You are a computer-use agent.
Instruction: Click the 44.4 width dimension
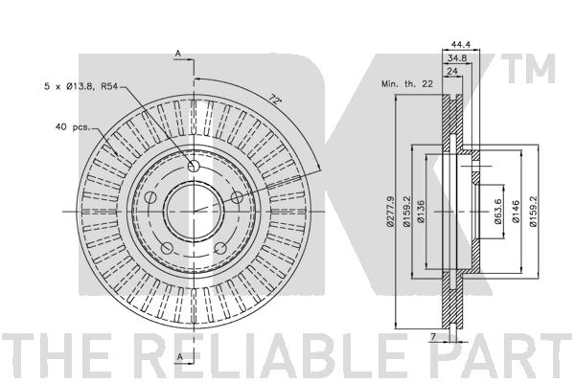(461, 45)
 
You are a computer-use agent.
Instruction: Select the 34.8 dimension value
(457, 57)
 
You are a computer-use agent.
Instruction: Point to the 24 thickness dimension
(452, 71)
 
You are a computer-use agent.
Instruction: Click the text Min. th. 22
(407, 84)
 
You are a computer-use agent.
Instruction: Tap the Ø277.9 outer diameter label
(391, 212)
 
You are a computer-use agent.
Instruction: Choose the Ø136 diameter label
(421, 212)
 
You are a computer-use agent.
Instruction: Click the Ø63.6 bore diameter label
(497, 212)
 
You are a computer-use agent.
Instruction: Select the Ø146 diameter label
(516, 212)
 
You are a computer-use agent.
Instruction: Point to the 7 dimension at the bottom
(433, 336)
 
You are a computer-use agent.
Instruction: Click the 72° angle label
(274, 100)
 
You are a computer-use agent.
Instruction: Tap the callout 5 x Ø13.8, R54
(80, 87)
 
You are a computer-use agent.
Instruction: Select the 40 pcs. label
(73, 127)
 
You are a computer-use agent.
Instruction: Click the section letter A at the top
(178, 54)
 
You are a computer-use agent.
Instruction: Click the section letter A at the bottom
(180, 356)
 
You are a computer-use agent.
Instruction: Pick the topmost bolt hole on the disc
(194, 167)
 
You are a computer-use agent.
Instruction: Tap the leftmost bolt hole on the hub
(150, 198)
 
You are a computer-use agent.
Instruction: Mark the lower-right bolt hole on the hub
(220, 249)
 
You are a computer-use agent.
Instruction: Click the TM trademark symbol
(528, 69)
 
